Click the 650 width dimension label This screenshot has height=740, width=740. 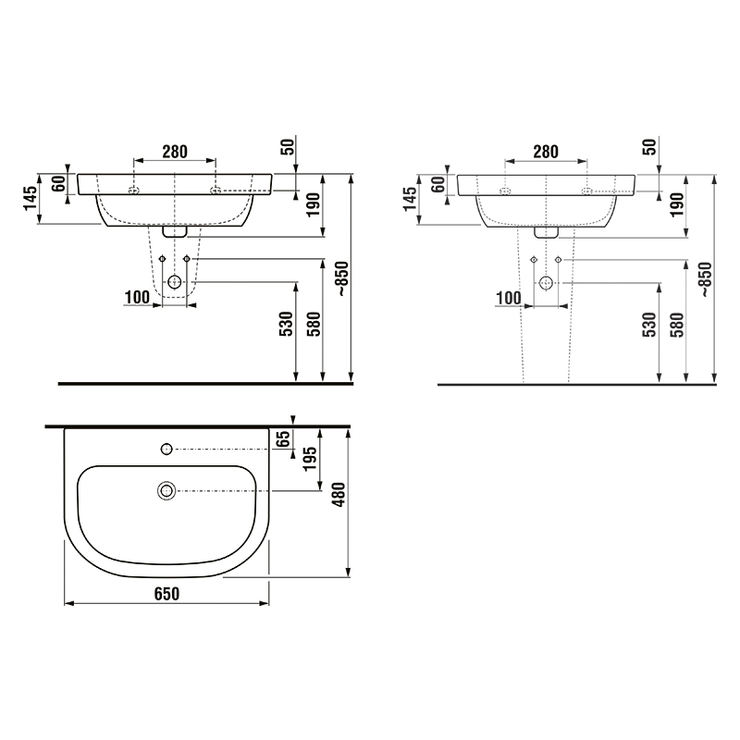(x=166, y=593)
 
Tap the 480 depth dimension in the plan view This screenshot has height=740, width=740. (x=339, y=495)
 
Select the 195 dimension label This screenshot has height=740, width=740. (x=310, y=458)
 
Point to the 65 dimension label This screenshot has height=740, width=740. (x=283, y=438)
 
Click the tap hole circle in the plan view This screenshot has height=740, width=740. (x=166, y=449)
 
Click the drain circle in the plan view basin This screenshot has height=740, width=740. (x=166, y=491)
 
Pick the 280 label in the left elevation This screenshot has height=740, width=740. (x=175, y=152)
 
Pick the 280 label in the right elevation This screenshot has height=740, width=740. (x=546, y=152)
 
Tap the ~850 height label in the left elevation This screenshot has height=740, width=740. (x=342, y=278)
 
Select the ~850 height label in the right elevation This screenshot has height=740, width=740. (x=706, y=279)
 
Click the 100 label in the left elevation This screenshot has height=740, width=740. (x=137, y=297)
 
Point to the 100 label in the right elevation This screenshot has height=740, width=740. (x=509, y=298)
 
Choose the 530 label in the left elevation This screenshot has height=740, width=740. (x=287, y=324)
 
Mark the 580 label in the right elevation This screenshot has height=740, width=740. (x=677, y=325)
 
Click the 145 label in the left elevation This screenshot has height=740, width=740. (x=31, y=198)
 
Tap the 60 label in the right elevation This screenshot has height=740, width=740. (x=438, y=184)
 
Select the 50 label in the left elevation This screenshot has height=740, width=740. (x=288, y=146)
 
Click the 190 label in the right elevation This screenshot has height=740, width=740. (x=677, y=204)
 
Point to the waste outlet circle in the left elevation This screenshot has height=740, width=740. (x=175, y=282)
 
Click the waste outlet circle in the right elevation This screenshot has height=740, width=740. (x=546, y=283)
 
